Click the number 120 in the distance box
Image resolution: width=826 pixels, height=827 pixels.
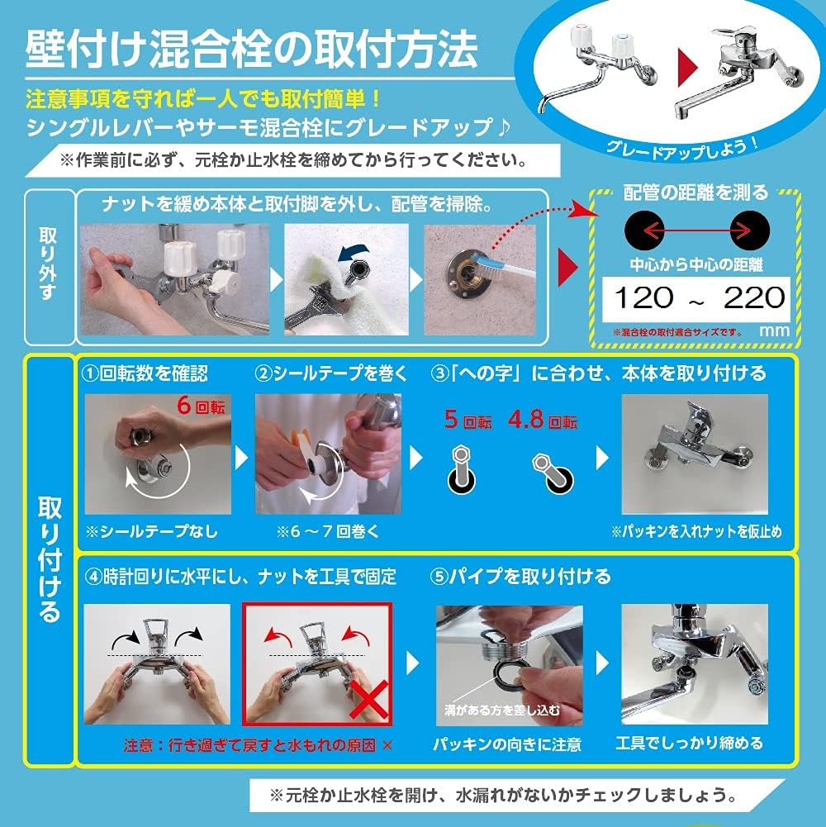[x=643, y=297]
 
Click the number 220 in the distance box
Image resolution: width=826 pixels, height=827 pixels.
[x=752, y=297]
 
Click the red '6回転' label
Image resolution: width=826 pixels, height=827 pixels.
[x=200, y=406]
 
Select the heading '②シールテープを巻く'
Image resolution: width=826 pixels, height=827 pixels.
[x=331, y=373]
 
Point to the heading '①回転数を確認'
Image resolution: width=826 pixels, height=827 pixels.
[x=145, y=373]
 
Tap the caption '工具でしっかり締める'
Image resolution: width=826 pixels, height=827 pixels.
[x=690, y=744]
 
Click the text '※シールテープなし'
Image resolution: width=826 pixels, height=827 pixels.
[x=155, y=531]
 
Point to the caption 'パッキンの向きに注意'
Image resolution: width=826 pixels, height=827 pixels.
[x=507, y=744]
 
